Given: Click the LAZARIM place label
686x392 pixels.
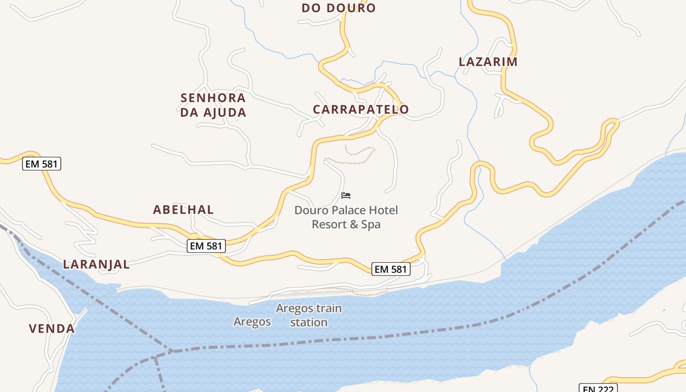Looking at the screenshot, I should pos(488,62).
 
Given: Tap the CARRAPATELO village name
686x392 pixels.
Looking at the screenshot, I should pos(361,109).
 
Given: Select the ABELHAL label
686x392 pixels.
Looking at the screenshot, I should pos(183,210).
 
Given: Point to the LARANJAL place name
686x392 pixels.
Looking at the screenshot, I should pos(97,265).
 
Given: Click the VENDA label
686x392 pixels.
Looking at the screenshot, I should pos(52,329).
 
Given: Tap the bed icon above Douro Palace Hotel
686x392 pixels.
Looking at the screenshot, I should pos(346,196).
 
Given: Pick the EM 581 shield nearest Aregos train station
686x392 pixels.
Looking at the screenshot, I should pos(391,269).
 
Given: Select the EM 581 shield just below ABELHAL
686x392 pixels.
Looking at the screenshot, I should pos(206,246).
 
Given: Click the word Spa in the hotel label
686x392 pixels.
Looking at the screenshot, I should pos(371,224).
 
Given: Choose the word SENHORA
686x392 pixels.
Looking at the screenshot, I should pos(213,98).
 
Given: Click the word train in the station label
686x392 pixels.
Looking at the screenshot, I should pos(326,309).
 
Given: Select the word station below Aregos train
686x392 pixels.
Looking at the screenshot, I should pos(309,322).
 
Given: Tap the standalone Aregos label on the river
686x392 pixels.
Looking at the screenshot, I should pos(252,321).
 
